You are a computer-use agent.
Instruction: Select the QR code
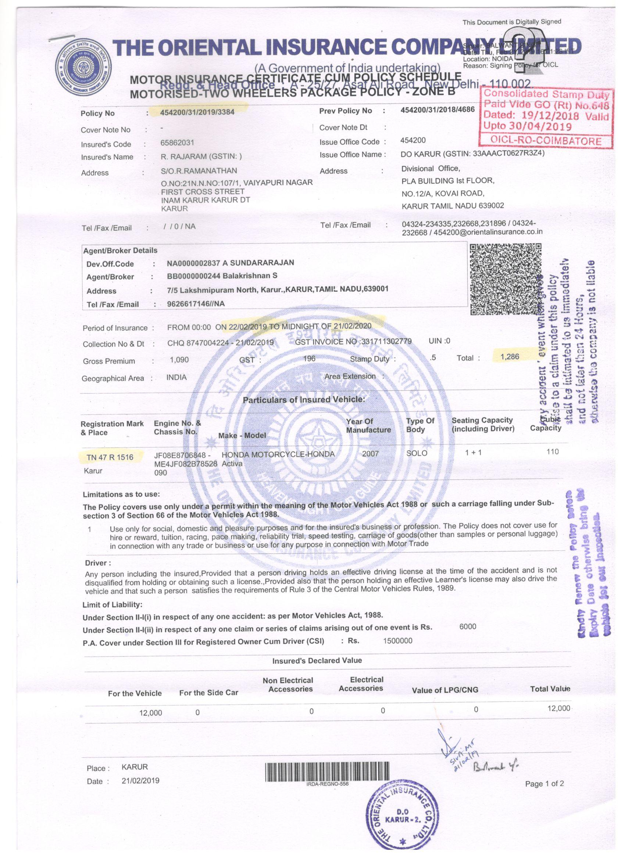(505, 279)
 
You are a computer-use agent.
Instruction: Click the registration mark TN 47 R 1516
(110, 457)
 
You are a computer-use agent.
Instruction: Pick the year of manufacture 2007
(370, 453)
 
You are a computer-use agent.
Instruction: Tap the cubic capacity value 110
(553, 452)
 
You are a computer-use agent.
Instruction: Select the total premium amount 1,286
(510, 356)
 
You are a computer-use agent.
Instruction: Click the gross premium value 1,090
(179, 359)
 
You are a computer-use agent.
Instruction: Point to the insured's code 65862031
(177, 143)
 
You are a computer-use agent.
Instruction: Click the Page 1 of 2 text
(544, 784)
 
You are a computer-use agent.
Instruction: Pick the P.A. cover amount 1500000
(397, 640)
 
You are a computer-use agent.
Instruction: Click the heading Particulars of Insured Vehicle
(304, 400)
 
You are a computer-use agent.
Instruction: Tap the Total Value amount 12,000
(558, 708)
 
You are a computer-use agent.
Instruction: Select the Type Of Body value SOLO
(417, 453)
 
